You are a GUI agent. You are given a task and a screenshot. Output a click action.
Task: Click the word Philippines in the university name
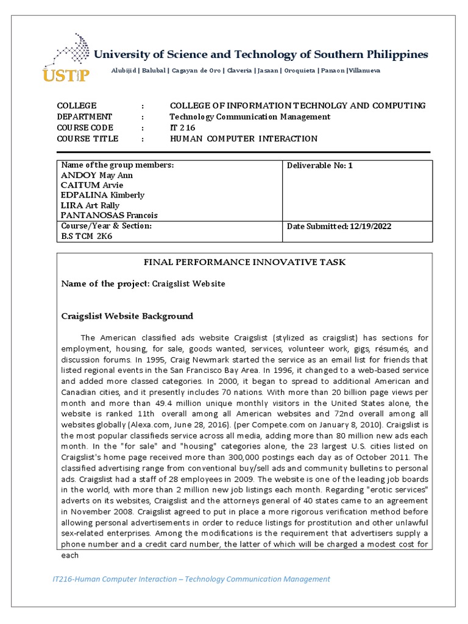tap(399, 54)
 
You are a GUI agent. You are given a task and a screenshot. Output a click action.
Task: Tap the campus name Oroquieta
tap(299, 71)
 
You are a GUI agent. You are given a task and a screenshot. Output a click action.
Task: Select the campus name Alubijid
tap(124, 71)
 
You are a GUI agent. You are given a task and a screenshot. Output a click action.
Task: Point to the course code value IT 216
tap(181, 127)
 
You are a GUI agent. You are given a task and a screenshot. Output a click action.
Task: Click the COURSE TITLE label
tap(88, 138)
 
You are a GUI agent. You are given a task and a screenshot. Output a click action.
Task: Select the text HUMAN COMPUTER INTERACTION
tap(244, 138)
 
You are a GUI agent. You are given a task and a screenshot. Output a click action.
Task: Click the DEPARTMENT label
tap(85, 116)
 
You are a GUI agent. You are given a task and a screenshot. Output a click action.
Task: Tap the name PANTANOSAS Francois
tap(108, 215)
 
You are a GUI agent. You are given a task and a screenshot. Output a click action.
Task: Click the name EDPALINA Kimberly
tap(102, 195)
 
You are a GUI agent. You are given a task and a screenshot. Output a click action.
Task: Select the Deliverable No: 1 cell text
tap(320, 165)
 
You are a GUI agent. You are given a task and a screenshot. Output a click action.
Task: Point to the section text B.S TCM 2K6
tap(87, 236)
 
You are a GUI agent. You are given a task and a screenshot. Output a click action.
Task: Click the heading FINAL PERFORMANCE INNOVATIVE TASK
tap(244, 262)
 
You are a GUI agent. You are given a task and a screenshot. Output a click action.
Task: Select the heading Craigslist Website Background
tap(127, 316)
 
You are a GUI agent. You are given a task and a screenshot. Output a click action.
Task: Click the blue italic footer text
tap(188, 579)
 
